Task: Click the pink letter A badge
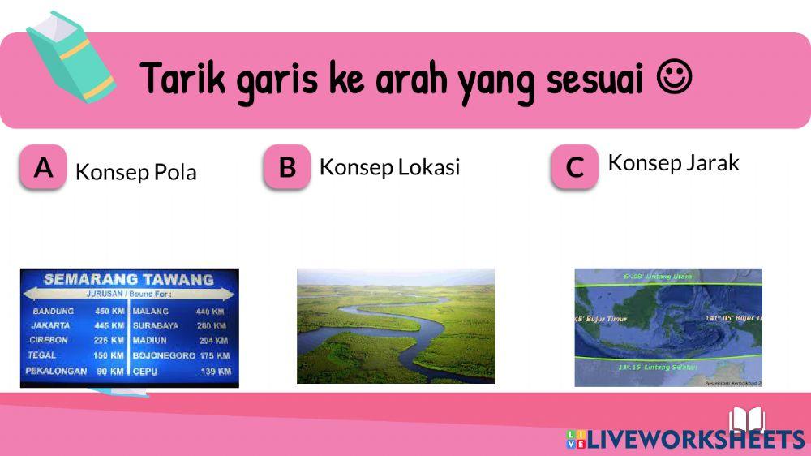(x=43, y=167)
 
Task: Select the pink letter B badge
(x=287, y=167)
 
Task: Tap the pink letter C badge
(x=574, y=167)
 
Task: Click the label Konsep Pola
(x=135, y=172)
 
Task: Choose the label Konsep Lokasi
(x=389, y=166)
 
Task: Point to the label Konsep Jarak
(x=673, y=162)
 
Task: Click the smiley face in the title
(x=674, y=80)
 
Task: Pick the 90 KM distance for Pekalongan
(x=109, y=371)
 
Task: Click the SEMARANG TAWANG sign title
(x=128, y=279)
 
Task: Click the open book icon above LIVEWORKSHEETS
(x=747, y=419)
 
